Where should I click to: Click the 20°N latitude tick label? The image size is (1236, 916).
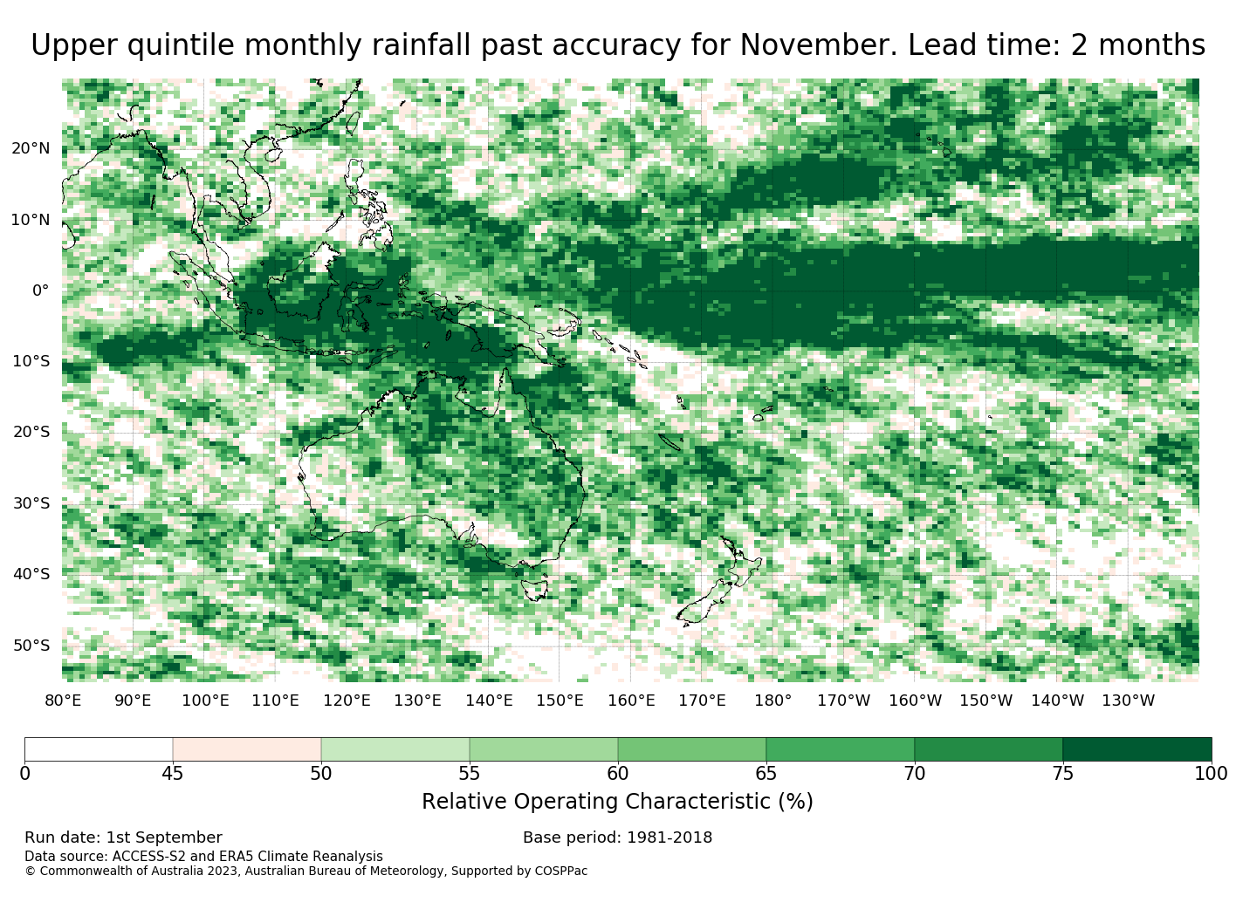[x=31, y=148]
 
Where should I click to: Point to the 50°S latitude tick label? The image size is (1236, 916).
[x=31, y=646]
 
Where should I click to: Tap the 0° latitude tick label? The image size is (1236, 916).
[x=41, y=291]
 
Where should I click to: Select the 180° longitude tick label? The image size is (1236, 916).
[x=772, y=701]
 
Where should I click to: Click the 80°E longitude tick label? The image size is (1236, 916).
[x=63, y=701]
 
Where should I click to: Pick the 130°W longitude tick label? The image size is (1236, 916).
[x=1129, y=701]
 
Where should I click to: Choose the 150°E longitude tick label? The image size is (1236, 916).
[x=560, y=701]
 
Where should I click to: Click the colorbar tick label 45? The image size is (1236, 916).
[x=173, y=774]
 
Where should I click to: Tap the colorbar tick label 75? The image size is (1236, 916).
[x=1062, y=774]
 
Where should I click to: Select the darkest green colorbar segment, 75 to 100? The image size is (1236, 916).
[x=1136, y=749]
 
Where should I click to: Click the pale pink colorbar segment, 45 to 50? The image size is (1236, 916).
[x=247, y=749]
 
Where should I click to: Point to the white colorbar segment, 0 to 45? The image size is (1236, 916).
[x=99, y=749]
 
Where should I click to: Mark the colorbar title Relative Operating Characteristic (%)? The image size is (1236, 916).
[x=617, y=802]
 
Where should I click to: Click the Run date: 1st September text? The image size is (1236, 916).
[x=123, y=838]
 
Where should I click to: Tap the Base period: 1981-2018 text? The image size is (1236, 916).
[x=617, y=838]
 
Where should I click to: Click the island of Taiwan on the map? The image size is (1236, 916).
[x=353, y=123]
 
